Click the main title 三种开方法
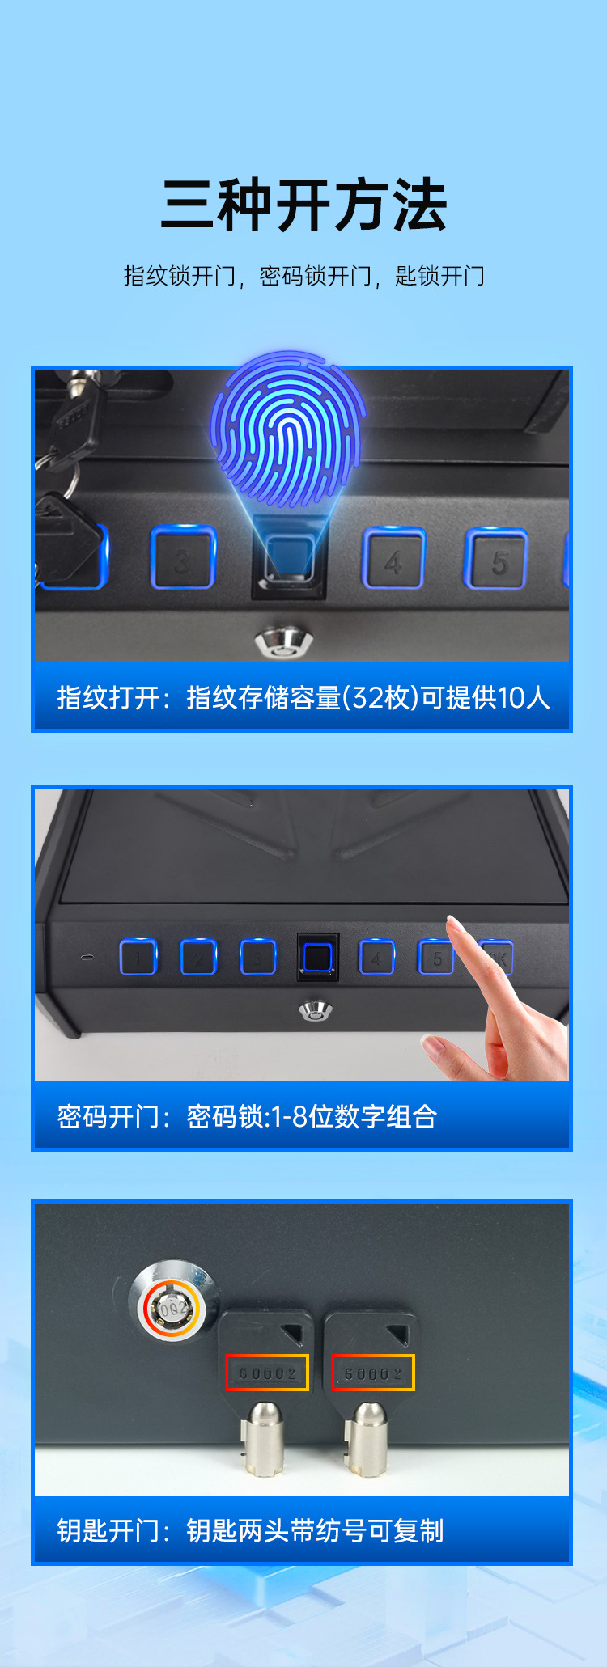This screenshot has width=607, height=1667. pyautogui.click(x=303, y=205)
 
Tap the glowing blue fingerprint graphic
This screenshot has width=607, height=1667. pyautogui.click(x=288, y=429)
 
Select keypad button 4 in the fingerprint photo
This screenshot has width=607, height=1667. pyautogui.click(x=393, y=558)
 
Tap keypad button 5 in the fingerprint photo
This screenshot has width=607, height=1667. pyautogui.click(x=496, y=559)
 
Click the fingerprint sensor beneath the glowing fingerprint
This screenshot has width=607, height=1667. pyautogui.click(x=290, y=556)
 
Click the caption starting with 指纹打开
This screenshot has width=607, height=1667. pyautogui.click(x=303, y=697)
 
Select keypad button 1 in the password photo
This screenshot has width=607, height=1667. pyautogui.click(x=138, y=958)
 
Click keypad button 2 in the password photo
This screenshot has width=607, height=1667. pyautogui.click(x=198, y=958)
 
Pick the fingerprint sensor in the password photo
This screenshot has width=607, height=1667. pyautogui.click(x=317, y=958)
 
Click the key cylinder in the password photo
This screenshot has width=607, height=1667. pyautogui.click(x=316, y=1010)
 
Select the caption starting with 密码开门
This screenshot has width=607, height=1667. pyautogui.click(x=247, y=1116)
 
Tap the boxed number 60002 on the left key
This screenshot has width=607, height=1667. pyautogui.click(x=267, y=1373)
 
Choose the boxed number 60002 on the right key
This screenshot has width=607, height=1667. pyautogui.click(x=373, y=1373)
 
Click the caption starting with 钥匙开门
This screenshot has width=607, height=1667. pyautogui.click(x=250, y=1530)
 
